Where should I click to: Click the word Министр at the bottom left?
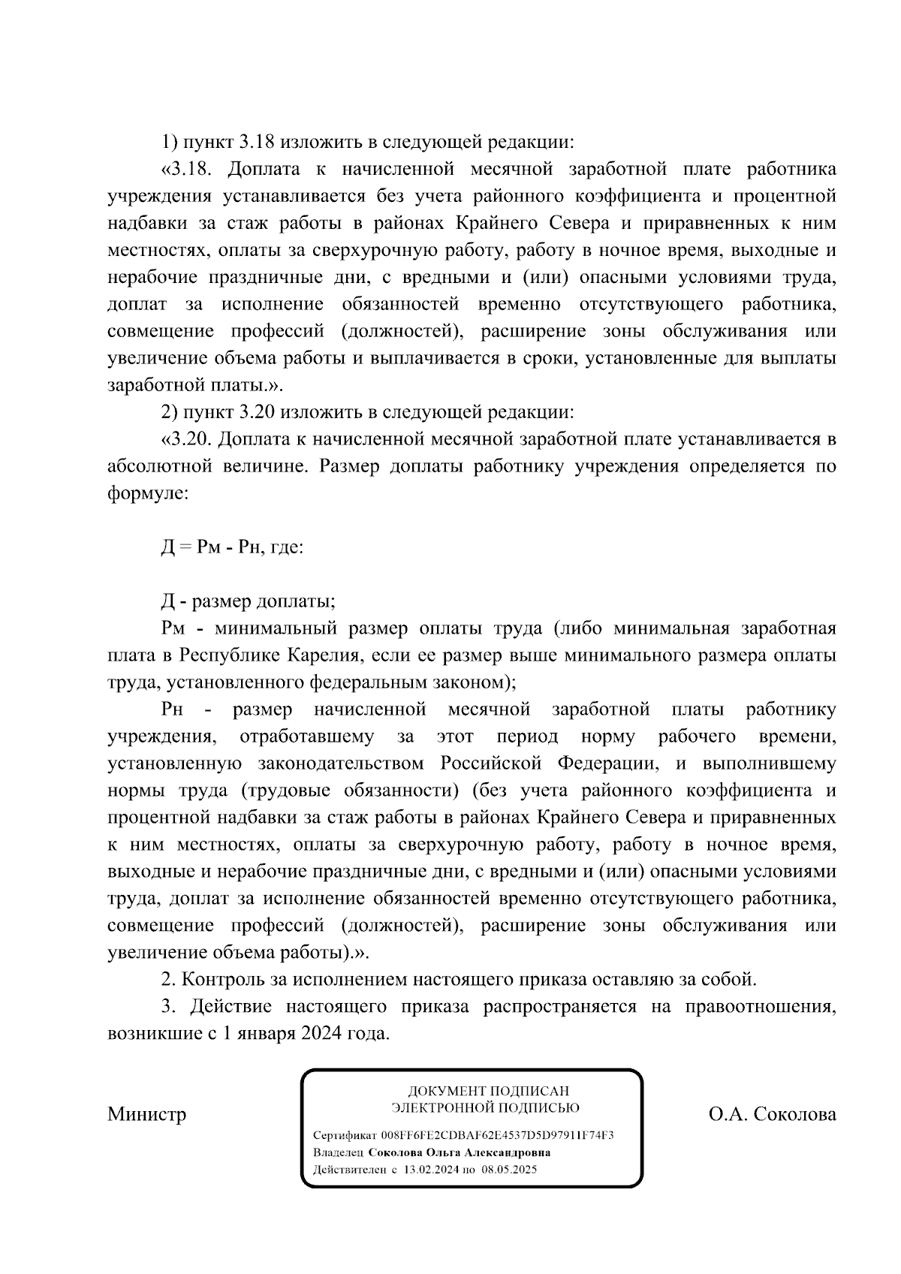[146, 1113]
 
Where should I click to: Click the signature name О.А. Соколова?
[772, 1113]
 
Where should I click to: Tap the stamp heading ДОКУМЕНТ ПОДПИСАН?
[488, 1091]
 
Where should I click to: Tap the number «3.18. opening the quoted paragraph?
[188, 170]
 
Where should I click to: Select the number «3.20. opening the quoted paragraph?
[188, 439]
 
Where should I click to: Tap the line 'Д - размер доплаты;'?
[248, 601]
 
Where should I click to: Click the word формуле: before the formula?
[147, 493]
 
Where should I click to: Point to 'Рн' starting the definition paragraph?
[172, 709]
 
